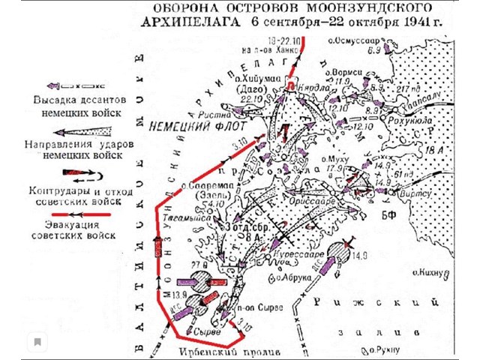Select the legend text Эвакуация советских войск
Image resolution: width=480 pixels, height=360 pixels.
click(73, 229)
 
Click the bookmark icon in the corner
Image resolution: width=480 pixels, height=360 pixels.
click(35, 341)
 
